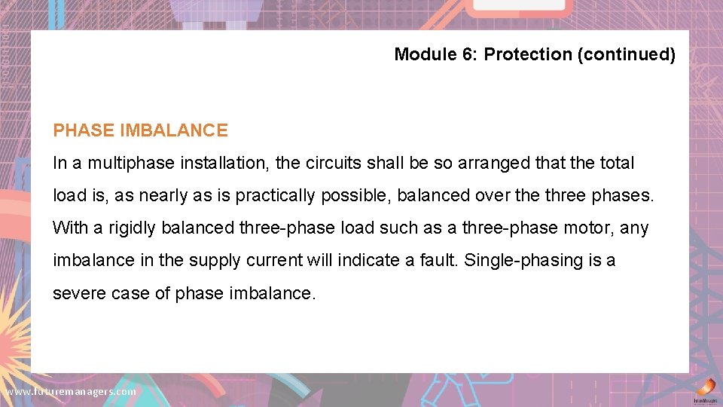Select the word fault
pos(438,261)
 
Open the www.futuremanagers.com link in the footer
pos(71,392)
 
